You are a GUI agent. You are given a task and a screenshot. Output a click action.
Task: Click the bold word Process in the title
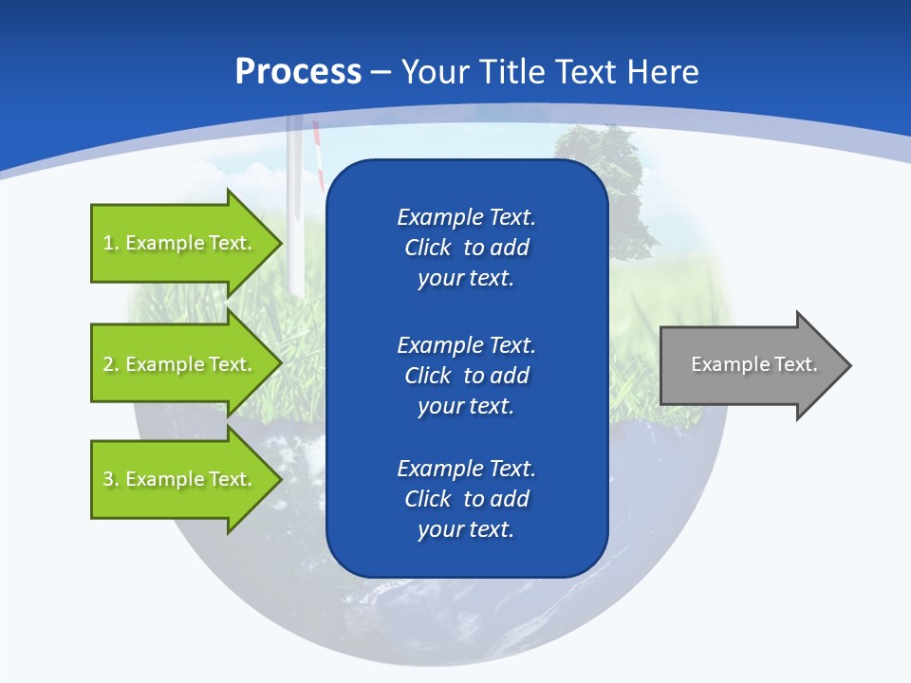(298, 72)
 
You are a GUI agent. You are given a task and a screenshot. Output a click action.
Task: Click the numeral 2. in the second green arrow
(110, 364)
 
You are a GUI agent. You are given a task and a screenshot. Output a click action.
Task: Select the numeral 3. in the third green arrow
(110, 479)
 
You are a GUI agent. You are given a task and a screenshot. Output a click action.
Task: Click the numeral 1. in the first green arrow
(110, 243)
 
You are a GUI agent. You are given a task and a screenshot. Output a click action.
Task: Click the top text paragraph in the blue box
(466, 248)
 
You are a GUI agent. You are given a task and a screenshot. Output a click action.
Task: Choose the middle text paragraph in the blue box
(466, 375)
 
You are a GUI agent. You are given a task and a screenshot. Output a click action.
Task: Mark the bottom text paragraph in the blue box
(466, 499)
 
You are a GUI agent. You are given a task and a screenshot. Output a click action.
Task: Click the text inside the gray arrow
(753, 364)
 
